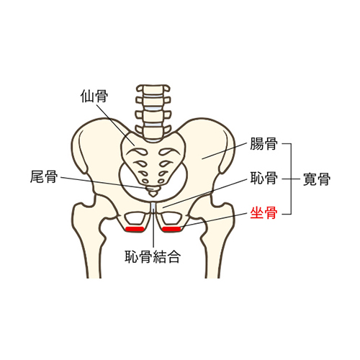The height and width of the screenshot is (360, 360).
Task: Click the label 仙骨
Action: coord(94,96)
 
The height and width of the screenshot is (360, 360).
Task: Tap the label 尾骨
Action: coord(44,176)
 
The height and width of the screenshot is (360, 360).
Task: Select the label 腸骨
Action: coord(264,143)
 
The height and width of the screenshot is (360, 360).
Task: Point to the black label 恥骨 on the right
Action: coord(264,178)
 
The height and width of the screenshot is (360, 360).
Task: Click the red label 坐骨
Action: coord(264,213)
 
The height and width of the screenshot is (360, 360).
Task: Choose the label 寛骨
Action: coord(317,179)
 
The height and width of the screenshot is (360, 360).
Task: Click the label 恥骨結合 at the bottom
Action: coord(153,256)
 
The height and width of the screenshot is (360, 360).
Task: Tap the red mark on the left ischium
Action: coord(135,229)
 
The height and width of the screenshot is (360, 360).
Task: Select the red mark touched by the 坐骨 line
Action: coord(171,229)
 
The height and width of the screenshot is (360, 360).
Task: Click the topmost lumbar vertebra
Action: coord(153,89)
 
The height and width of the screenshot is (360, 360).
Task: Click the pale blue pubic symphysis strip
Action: coord(153,207)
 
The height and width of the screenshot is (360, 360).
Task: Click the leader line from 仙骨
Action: coord(117,124)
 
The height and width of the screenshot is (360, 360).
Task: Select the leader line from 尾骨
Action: coord(104,183)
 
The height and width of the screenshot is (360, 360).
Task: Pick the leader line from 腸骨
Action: coord(224,151)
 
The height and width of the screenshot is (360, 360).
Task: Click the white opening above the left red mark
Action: coord(135,218)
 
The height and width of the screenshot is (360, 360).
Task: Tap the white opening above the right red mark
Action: coord(171,218)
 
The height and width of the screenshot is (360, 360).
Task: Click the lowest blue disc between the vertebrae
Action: coord(153,125)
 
